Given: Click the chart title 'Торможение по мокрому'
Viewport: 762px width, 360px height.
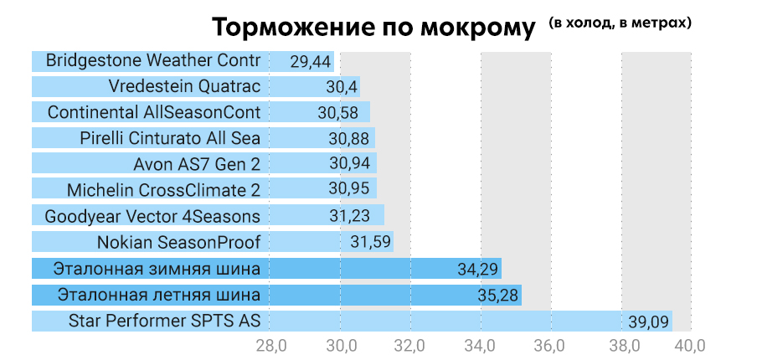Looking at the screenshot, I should click(373, 28).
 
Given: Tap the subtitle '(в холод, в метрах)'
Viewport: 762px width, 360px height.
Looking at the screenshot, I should click(620, 23).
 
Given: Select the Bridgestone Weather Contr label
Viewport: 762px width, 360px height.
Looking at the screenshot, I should click(153, 60).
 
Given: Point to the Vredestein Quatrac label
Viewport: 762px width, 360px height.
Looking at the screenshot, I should click(184, 86).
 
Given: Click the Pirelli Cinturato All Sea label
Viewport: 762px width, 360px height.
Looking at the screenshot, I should click(171, 138).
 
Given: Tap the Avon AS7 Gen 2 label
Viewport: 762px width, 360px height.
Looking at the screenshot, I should click(197, 164).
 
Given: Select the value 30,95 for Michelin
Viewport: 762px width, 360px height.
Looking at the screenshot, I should click(352, 190).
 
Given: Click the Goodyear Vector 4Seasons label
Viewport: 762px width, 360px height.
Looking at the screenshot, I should click(152, 216).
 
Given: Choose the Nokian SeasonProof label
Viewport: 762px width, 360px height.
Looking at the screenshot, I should click(179, 243).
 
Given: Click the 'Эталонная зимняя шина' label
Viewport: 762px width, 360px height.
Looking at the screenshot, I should click(157, 269).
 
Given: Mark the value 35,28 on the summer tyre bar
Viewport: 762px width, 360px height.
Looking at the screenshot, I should click(497, 296).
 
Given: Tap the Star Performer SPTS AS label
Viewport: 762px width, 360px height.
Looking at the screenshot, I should click(165, 321).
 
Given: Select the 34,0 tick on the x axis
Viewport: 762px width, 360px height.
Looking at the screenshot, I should click(481, 344).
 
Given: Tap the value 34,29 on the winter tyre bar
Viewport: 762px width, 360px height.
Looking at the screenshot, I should click(477, 270).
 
